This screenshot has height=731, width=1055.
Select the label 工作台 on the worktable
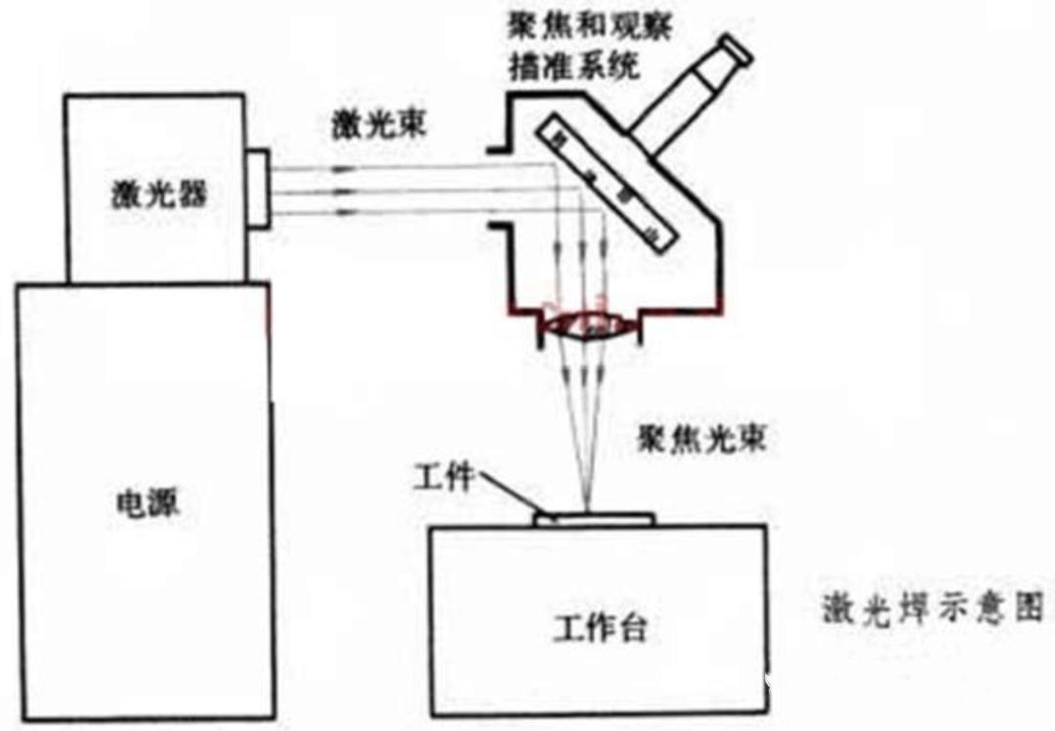(600, 628)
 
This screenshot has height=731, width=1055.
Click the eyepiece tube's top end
(734, 51)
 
